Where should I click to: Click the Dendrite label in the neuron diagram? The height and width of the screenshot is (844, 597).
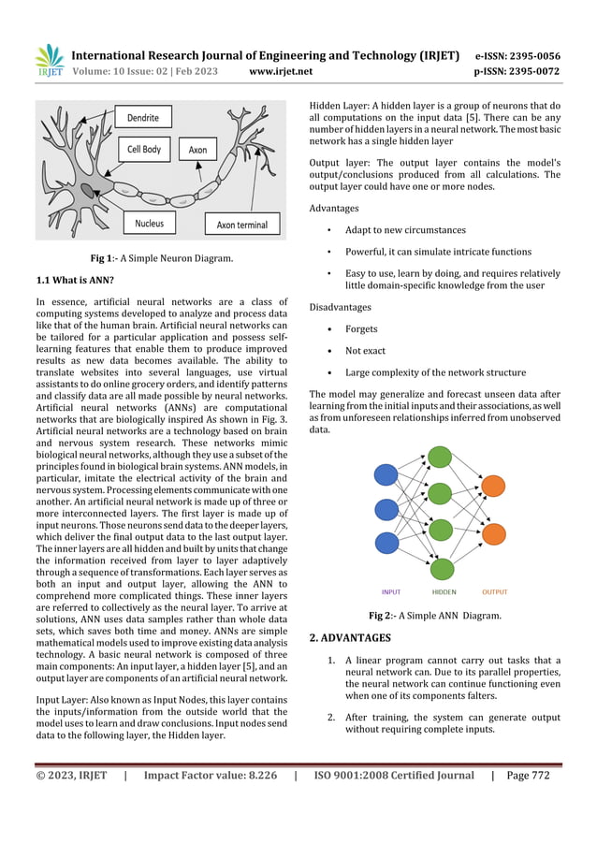click(143, 119)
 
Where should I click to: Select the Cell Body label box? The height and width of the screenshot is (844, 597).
click(144, 150)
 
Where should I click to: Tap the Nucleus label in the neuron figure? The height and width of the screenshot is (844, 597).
click(149, 224)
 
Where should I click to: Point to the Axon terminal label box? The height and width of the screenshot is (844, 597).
click(241, 225)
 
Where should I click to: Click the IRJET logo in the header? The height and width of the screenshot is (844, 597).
click(49, 61)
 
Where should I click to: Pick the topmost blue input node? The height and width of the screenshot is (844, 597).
click(386, 475)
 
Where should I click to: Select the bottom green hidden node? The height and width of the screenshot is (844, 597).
click(441, 568)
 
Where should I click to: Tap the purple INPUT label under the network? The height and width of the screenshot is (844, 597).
click(391, 591)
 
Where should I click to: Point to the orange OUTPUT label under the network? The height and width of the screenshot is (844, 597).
click(495, 591)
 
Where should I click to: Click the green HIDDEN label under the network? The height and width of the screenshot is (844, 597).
click(444, 591)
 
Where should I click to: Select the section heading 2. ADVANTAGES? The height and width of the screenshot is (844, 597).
click(350, 638)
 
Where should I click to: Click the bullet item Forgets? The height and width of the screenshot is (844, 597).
click(361, 329)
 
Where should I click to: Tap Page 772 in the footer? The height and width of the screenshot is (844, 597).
click(528, 775)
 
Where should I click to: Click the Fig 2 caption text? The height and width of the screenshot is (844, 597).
click(435, 615)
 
